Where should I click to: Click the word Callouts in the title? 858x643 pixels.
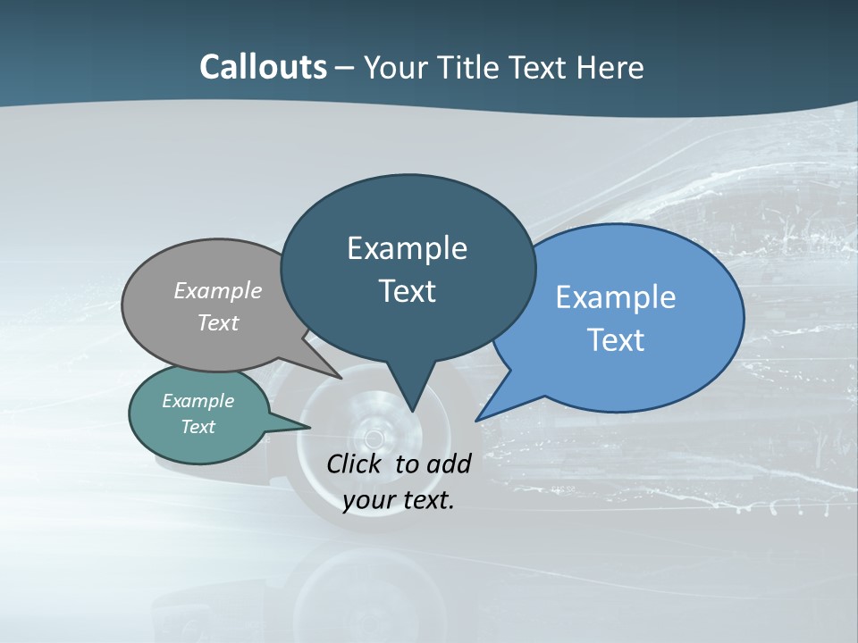[263, 67]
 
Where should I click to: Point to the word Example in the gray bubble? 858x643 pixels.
[217, 291]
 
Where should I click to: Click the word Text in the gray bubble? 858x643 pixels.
[217, 322]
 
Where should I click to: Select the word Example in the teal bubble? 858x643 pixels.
[198, 401]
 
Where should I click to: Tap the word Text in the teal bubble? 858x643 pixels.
[198, 427]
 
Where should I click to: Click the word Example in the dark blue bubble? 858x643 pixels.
[407, 248]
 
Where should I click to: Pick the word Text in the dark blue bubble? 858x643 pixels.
[407, 291]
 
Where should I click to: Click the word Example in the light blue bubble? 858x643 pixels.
[615, 297]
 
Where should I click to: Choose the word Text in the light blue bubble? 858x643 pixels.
[615, 340]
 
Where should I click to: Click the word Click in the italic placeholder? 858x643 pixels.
[357, 463]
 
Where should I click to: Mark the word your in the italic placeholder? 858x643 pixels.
[368, 499]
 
